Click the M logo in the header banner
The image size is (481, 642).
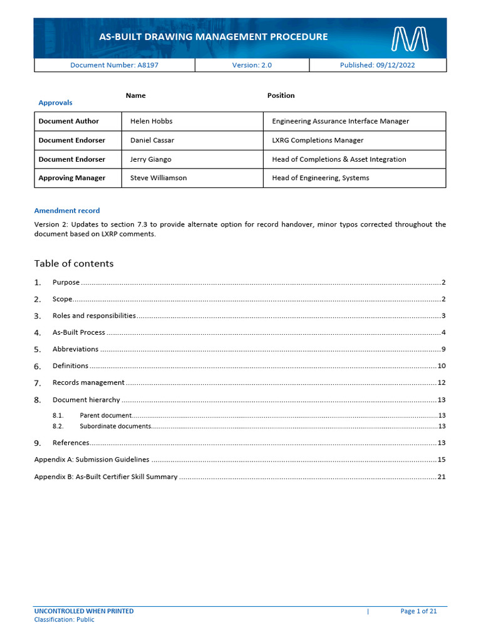coord(410,38)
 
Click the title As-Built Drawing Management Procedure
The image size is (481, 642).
coord(213,37)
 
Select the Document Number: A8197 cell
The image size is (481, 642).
coord(114,65)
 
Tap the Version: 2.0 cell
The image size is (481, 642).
coord(252,65)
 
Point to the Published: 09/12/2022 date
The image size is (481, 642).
coord(377,65)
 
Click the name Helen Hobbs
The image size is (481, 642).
coord(151,122)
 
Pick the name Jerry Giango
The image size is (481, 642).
coord(150,159)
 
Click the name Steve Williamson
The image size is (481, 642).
coord(158,178)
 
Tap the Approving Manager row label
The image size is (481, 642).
coord(71,178)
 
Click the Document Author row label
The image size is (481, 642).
coord(68,122)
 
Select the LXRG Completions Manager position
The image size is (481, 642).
coord(318,140)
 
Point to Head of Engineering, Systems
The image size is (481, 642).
coord(320,178)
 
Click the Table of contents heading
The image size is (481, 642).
coord(74,263)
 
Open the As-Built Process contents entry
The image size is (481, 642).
coord(78,332)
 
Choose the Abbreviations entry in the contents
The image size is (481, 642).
coord(75,349)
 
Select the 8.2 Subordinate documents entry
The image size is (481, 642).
coord(115,426)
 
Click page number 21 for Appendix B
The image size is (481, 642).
coord(442,477)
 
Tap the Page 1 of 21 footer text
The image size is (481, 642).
coord(418,611)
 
